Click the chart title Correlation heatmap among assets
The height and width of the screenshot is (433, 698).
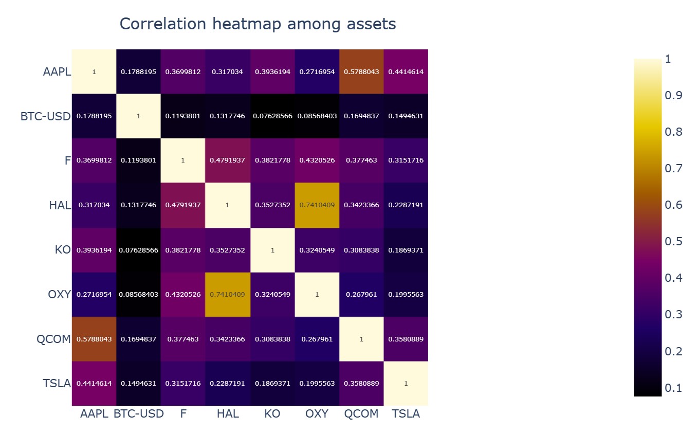pos(258,24)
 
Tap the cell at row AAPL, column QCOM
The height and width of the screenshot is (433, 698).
pos(361,71)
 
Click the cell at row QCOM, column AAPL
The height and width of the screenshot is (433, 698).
pos(94,339)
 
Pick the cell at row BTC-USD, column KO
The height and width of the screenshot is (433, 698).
pos(272,116)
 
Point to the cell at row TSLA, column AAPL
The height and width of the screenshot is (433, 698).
pos(94,384)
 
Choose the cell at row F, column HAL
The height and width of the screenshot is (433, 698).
pos(228,160)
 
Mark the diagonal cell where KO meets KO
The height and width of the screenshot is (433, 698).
pos(272,250)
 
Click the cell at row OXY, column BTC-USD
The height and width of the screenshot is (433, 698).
pos(138,295)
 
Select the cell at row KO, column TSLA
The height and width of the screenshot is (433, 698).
pos(406,250)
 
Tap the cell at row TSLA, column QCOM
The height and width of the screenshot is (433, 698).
pos(361,384)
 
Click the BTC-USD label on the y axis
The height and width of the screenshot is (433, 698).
pos(45,116)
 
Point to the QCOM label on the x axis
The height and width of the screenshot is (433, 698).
pos(361,414)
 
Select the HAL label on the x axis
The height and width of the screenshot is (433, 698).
pos(228,414)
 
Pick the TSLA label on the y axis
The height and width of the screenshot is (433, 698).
pos(56,384)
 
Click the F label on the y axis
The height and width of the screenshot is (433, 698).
pos(67,160)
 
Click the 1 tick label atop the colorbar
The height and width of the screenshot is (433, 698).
pos(668,59)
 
